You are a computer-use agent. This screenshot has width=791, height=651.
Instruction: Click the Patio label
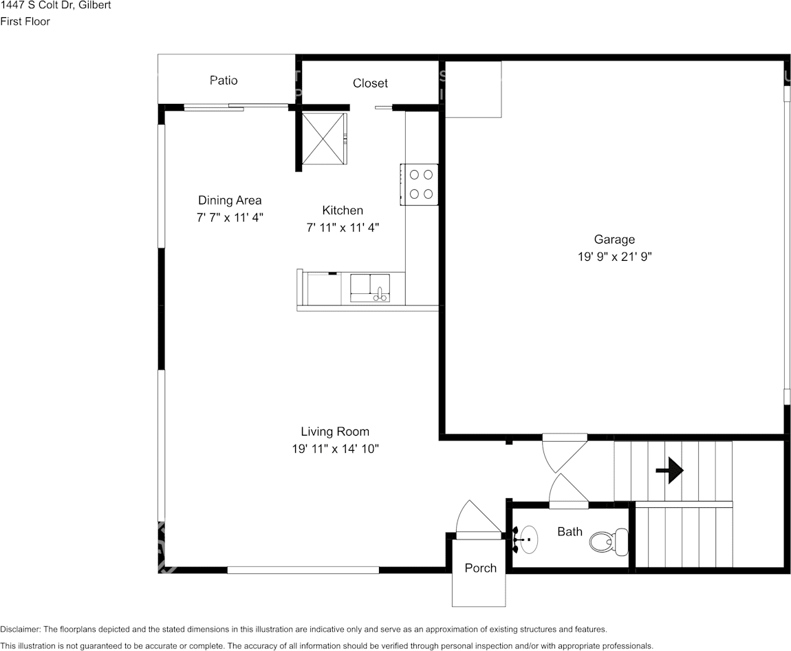point(224,81)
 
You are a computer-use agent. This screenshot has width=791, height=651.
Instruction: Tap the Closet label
point(370,83)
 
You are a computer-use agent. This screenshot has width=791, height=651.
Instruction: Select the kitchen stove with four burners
point(420,184)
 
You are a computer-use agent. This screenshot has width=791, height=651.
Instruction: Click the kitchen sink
point(370,288)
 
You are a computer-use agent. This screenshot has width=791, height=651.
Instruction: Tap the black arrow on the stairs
point(669,471)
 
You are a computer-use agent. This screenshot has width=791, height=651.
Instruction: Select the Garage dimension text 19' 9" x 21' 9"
point(614,257)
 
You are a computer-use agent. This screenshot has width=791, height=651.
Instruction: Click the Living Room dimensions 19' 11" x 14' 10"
point(335,449)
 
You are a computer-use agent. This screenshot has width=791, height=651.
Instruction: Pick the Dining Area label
point(230,200)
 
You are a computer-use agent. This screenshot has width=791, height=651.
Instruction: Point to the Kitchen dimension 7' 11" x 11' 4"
point(343,227)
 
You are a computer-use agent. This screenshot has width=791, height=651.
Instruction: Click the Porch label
point(480,568)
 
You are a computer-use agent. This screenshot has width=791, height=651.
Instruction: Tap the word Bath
point(570,531)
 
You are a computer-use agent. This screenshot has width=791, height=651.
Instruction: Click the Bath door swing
point(567,491)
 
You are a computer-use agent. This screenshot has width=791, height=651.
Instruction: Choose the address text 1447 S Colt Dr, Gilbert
point(56,6)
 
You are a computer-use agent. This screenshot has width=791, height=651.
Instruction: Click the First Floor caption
point(25,21)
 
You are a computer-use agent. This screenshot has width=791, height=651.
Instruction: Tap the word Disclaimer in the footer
point(21,629)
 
